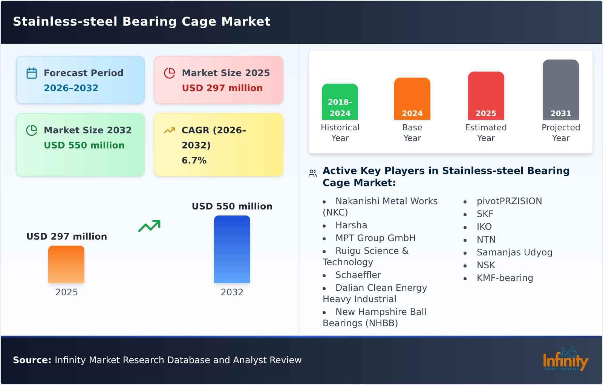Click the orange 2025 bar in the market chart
[x=66, y=264]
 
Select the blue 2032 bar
[x=232, y=249]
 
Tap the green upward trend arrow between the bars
[x=149, y=226]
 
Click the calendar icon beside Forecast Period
[x=32, y=73]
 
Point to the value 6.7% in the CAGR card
[x=194, y=160]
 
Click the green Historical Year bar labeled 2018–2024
[x=340, y=102]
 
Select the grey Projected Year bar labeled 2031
[x=560, y=90]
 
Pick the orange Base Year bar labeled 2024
[x=412, y=99]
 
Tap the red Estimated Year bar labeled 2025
[x=486, y=96]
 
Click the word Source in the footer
[x=32, y=360]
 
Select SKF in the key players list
[x=485, y=214]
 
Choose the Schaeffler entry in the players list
[x=358, y=275]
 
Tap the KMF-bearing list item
[x=505, y=278]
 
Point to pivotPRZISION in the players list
[x=509, y=201]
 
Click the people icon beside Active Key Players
[x=312, y=173]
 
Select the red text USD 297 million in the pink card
[x=222, y=88]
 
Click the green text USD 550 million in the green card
[x=84, y=145]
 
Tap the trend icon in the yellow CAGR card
[x=169, y=130]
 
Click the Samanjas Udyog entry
[x=514, y=252]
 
